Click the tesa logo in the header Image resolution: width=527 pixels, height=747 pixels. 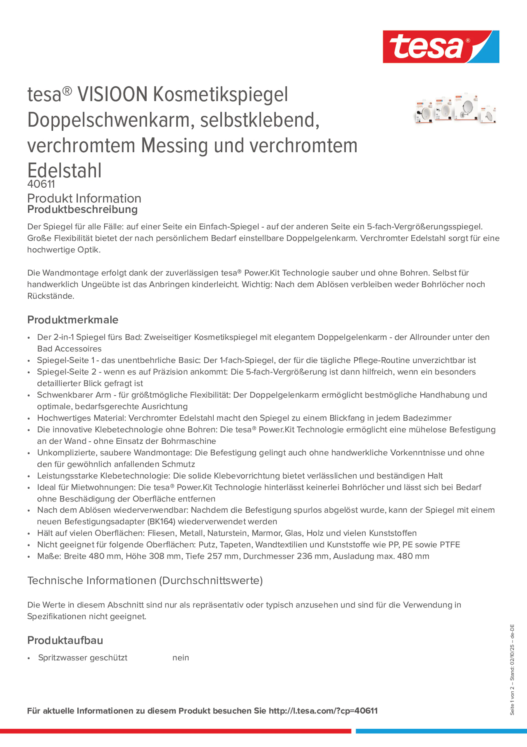tap(441, 46)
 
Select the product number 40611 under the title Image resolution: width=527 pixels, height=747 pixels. tap(41, 184)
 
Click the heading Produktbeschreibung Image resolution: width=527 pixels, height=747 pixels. tap(82, 209)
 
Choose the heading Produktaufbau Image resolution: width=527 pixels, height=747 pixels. tap(65, 640)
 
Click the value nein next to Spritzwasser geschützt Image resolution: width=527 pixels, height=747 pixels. tap(181, 658)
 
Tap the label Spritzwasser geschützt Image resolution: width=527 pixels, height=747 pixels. tap(82, 658)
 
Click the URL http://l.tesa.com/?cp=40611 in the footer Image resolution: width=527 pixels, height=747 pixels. tap(323, 711)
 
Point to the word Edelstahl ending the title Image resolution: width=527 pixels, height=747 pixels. tap(64, 171)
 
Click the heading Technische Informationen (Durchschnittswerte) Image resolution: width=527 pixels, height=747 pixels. tap(145, 580)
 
